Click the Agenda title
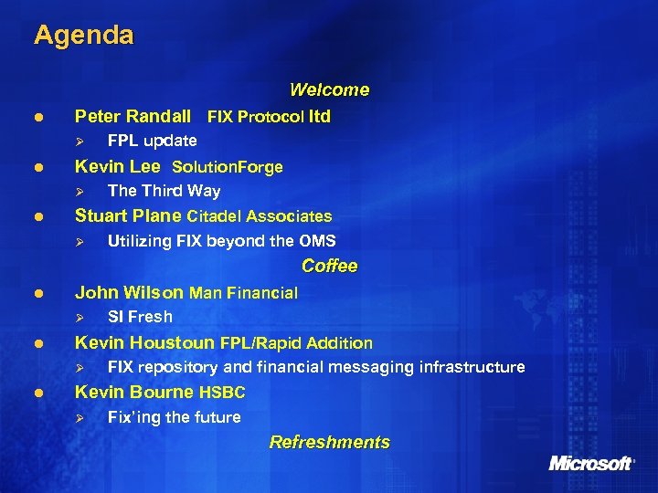84,36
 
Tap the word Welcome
329,89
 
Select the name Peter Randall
133,116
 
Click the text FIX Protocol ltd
269,117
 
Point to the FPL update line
152,141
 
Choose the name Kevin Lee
117,166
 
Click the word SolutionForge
228,167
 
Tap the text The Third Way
164,191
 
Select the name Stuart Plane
128,216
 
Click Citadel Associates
260,216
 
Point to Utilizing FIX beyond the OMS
221,241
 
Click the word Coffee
329,266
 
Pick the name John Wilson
129,293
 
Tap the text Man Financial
243,293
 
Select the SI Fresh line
140,317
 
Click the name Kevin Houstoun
144,342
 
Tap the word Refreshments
329,443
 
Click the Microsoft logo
590,463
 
